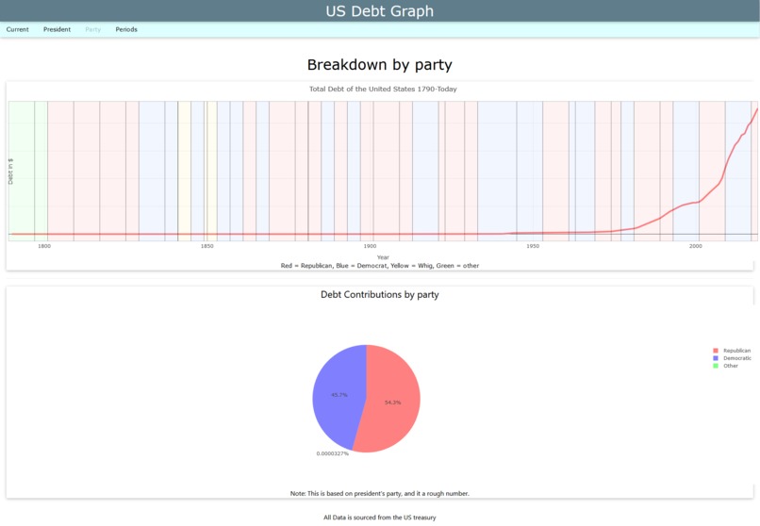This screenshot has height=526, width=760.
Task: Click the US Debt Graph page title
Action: tap(379, 11)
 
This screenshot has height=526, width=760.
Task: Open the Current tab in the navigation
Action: tap(17, 29)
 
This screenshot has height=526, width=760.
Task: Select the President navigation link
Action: tap(57, 29)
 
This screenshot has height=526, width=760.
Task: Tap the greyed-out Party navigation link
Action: tap(92, 29)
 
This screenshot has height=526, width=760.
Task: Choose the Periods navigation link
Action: tap(126, 29)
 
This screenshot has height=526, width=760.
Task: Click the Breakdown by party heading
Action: tap(379, 65)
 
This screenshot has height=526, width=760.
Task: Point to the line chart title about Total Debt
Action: tap(383, 89)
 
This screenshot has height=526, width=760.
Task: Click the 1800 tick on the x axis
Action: tap(43, 246)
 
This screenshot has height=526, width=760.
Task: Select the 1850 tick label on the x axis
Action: tap(207, 246)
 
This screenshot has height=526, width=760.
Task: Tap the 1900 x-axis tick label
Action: tap(370, 246)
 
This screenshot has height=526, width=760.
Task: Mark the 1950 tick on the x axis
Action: tap(533, 246)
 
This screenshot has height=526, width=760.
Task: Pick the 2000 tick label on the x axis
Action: tap(696, 246)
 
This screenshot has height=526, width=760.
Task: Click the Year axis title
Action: tap(383, 257)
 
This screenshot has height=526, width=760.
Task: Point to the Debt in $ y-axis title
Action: tap(11, 171)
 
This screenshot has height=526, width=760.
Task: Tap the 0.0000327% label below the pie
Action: tap(332, 453)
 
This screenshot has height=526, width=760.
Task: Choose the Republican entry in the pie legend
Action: tap(735, 351)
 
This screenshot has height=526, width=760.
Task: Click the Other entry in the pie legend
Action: tap(730, 366)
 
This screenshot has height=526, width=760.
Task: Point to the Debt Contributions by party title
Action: tap(379, 294)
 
